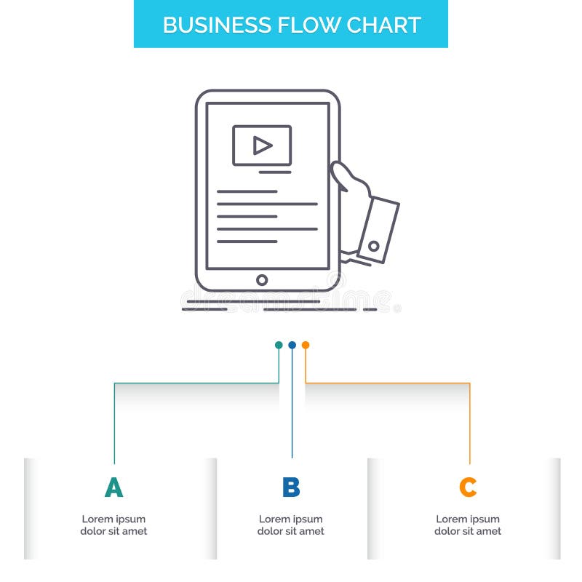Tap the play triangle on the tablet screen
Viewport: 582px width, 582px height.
262,145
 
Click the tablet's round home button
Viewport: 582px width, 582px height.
262,280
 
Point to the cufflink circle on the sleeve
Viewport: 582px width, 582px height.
374,247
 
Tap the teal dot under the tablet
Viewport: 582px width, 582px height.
279,345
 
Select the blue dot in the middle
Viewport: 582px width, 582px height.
292,345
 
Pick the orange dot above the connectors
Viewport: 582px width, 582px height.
306,345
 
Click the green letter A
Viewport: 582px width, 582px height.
113,487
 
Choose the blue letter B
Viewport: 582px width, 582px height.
291,487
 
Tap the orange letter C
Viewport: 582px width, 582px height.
468,487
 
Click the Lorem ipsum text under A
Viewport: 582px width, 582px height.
113,525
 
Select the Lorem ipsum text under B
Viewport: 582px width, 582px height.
291,525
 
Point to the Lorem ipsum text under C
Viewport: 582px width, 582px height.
468,525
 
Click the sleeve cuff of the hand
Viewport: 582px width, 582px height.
378,228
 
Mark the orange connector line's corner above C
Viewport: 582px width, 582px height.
469,383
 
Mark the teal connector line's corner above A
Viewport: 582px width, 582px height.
114,383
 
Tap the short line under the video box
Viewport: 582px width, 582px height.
275,172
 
